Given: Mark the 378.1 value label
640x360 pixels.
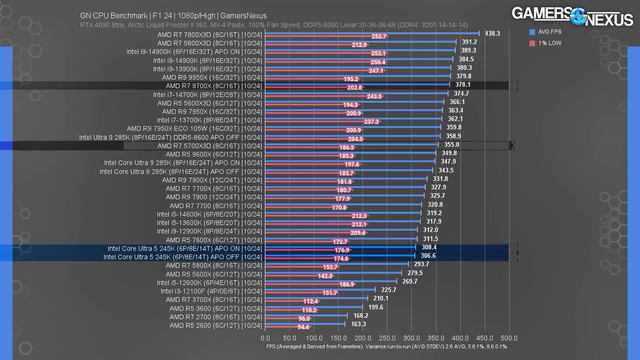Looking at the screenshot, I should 462,86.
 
